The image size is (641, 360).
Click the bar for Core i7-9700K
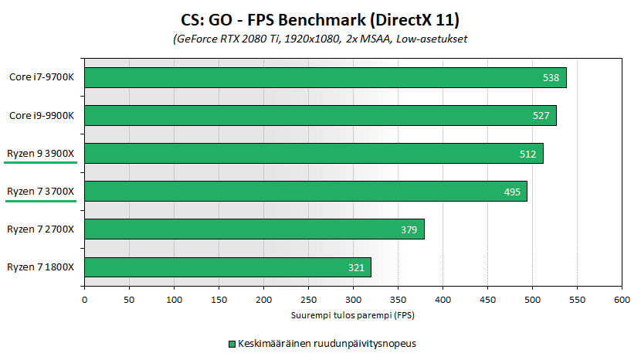pos(324,77)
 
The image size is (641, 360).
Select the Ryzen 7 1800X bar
pos(227,267)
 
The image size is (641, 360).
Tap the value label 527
pos(541,116)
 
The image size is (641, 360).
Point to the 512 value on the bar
pos(527,154)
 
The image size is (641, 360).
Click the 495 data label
pos(512,192)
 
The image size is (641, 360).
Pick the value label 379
pos(409,229)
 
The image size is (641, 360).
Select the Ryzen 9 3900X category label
pos(41,153)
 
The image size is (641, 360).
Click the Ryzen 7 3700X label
pos(41,191)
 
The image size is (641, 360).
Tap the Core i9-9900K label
pos(42,115)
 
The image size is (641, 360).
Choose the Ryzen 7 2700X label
pos(41,229)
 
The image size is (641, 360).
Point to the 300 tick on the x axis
pos(353,298)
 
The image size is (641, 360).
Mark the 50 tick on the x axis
pos(129,298)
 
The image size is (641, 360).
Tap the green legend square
pos(230,343)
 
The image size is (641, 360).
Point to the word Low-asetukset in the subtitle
pos(433,39)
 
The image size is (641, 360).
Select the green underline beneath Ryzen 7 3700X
pos(41,201)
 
